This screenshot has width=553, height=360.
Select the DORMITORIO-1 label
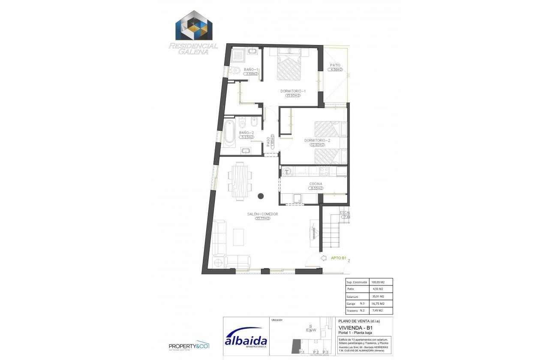point(293,91)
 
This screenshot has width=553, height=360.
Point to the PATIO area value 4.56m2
point(335,70)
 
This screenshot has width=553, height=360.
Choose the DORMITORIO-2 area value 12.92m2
point(317,145)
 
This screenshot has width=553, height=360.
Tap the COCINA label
point(316,184)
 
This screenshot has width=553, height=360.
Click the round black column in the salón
point(260,196)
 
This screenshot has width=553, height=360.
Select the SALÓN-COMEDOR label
point(263,214)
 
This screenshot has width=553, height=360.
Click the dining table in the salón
point(240,180)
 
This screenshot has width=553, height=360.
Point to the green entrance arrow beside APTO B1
point(324,258)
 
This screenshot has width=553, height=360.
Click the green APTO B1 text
point(339,258)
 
